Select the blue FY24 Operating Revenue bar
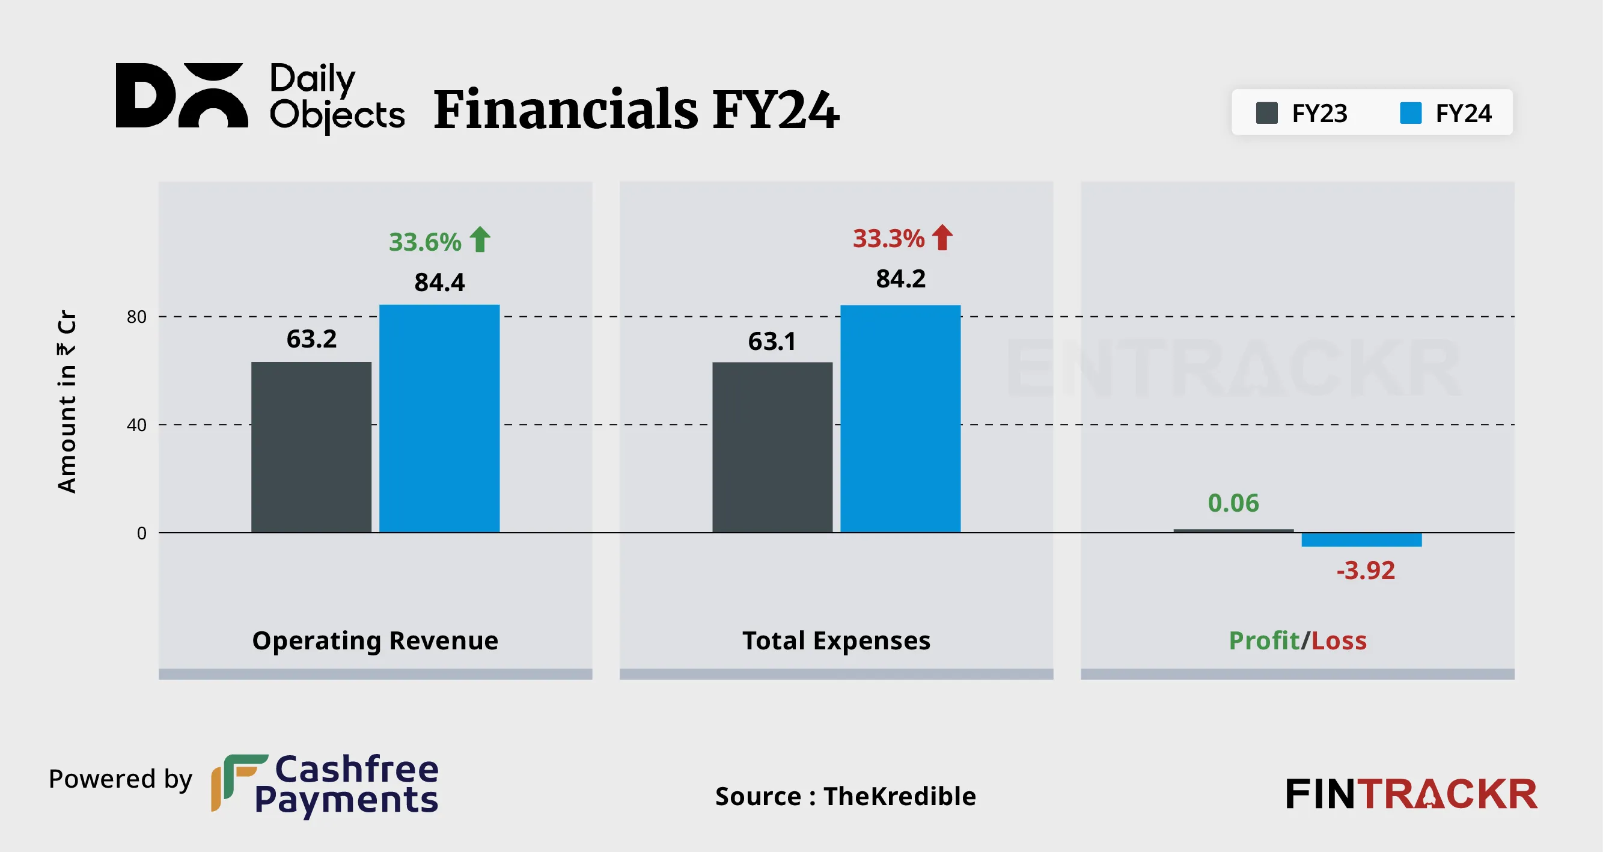(439, 418)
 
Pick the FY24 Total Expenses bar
(900, 418)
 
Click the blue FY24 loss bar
(1361, 539)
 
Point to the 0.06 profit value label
(1233, 503)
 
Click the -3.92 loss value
(1366, 570)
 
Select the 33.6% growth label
(425, 242)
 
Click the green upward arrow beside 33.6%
(480, 239)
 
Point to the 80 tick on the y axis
(136, 317)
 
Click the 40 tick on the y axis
(136, 425)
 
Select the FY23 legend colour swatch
(1266, 113)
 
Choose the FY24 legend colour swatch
(1410, 113)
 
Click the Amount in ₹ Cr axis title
(67, 402)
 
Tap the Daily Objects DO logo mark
(182, 95)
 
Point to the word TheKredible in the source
(899, 796)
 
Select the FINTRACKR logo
(1411, 794)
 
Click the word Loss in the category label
(1339, 640)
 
